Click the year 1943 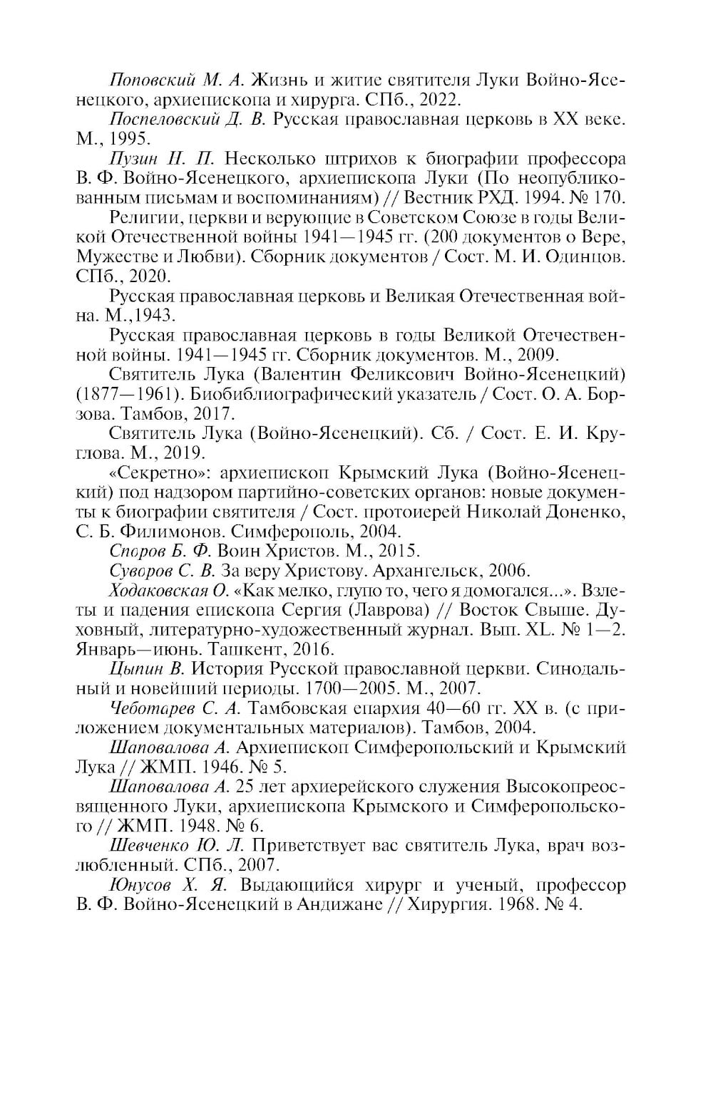tap(155, 314)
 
